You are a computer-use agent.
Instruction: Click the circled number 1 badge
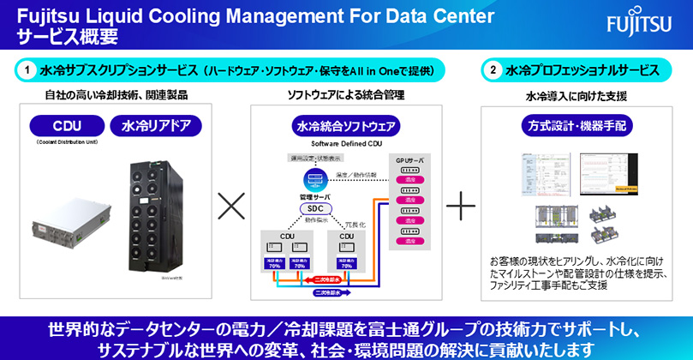click(x=29, y=69)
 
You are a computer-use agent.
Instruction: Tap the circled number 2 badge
click(x=493, y=69)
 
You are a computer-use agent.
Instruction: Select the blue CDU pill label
click(x=65, y=126)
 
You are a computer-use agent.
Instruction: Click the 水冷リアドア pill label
click(x=160, y=126)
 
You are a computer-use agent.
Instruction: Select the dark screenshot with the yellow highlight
click(x=609, y=171)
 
